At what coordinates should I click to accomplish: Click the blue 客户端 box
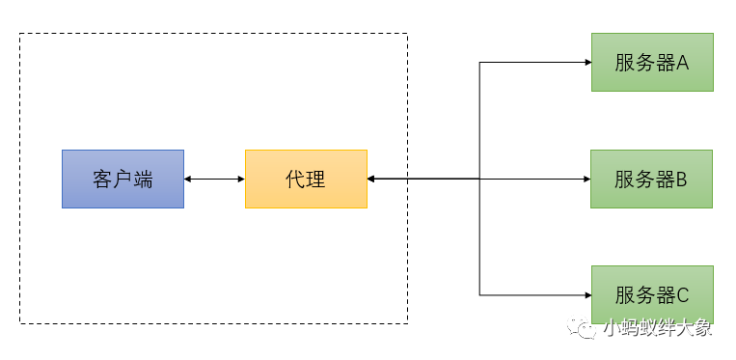(123, 179)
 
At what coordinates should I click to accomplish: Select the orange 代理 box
(306, 179)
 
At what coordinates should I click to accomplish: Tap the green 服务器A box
(652, 63)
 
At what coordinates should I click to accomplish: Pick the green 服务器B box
(652, 179)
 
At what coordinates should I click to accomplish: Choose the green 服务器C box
(652, 294)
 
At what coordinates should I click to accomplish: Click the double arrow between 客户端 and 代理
(214, 179)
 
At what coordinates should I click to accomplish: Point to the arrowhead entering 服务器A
(586, 63)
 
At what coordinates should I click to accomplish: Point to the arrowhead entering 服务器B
(586, 179)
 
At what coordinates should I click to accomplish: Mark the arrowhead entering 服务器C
(586, 294)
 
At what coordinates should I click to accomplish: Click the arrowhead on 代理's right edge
(372, 179)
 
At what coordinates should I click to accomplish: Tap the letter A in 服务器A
(682, 63)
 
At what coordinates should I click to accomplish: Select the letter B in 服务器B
(682, 179)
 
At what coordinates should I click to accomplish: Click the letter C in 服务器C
(682, 294)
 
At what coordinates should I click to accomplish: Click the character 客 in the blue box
(102, 179)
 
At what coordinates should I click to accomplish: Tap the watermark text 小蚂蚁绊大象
(658, 329)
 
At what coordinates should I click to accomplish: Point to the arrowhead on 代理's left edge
(240, 179)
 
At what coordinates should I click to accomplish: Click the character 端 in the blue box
(143, 179)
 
